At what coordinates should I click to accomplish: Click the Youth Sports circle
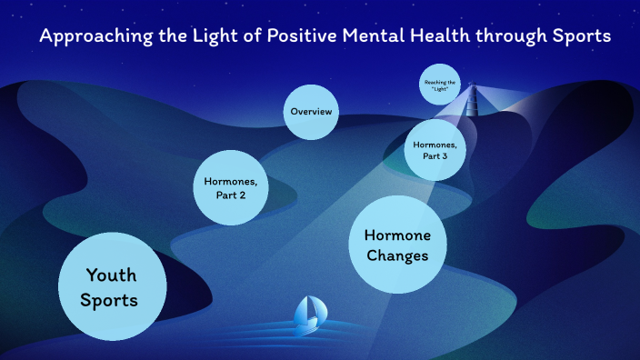[x=112, y=286]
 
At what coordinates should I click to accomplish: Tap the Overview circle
[x=311, y=112]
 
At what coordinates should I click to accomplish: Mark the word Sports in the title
[x=576, y=37]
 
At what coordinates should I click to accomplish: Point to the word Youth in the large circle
[x=112, y=275]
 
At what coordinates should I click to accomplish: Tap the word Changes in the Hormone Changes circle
[x=396, y=256]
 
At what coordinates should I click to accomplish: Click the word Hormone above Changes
[x=396, y=235]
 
